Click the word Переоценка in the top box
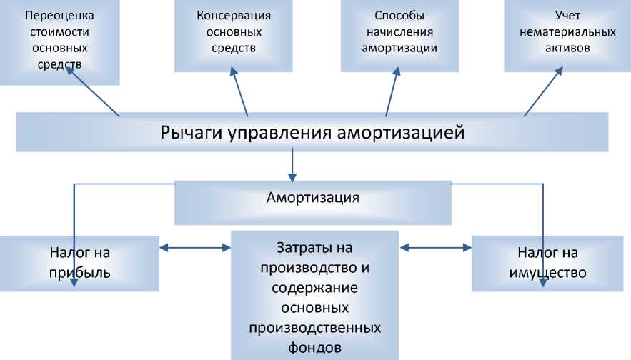[59, 14]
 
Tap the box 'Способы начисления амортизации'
[399, 36]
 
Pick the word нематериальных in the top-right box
[567, 31]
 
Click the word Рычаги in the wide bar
[184, 132]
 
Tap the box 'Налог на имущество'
[548, 262]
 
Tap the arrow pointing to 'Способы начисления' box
[392, 92]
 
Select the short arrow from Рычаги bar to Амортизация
[292, 166]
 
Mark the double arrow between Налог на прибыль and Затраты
[194, 248]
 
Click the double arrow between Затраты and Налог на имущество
[435, 248]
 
